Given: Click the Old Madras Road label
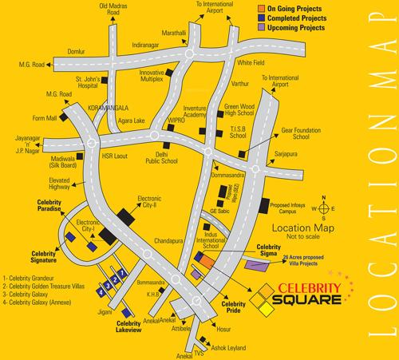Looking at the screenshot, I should [113, 10].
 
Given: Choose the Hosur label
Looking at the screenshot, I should [223, 327].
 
